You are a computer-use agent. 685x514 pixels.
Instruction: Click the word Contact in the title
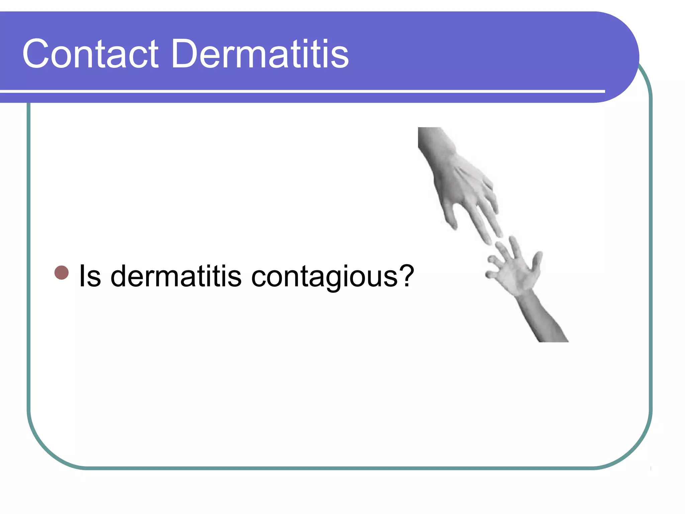(90, 54)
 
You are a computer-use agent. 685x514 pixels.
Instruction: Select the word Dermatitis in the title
(260, 54)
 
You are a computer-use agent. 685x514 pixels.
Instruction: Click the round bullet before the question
(61, 272)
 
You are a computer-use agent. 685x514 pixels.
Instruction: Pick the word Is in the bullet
(90, 276)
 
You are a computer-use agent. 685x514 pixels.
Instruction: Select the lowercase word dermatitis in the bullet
(176, 276)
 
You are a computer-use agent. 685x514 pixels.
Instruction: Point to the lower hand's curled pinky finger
(491, 274)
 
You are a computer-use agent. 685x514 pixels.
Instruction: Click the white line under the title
(301, 91)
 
